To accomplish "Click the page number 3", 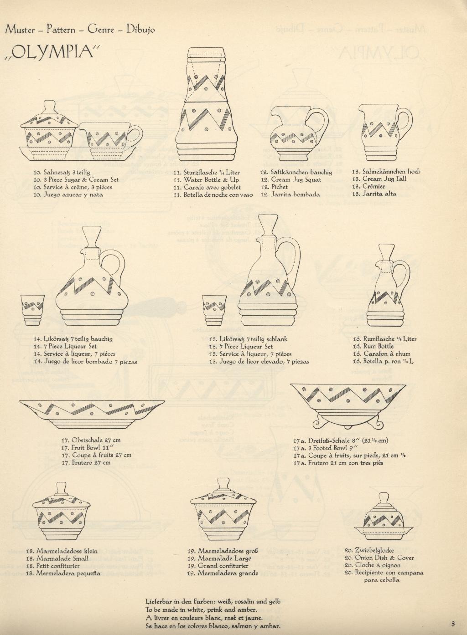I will click(453, 624).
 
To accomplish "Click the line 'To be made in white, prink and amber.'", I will click(201, 609).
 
